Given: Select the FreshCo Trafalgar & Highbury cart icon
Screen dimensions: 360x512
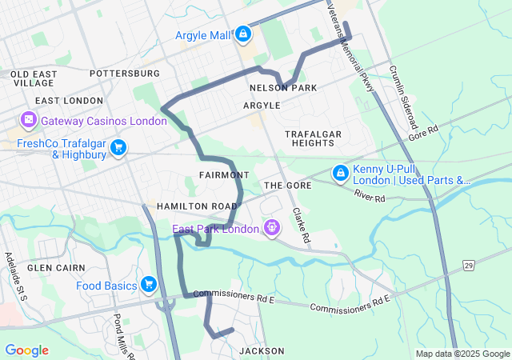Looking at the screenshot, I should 118,146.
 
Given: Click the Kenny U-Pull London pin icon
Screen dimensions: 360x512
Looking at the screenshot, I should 340,172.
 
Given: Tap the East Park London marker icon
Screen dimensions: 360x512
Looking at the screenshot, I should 272,229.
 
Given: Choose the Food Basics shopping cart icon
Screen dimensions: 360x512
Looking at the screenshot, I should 148,285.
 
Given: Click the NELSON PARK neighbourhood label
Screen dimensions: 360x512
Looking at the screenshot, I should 283,87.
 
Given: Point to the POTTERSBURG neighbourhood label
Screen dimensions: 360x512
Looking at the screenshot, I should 125,74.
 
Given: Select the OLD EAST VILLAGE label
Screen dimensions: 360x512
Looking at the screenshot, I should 33,78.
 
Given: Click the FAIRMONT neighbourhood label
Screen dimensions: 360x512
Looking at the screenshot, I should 224,174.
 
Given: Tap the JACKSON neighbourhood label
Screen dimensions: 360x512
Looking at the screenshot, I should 262,350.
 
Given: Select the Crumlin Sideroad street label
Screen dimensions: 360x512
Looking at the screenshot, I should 403,98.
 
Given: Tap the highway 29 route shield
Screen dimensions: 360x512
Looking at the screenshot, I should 469,264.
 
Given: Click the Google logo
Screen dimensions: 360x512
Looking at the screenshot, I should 27,350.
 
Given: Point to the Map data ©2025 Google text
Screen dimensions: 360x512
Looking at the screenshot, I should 462,354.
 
